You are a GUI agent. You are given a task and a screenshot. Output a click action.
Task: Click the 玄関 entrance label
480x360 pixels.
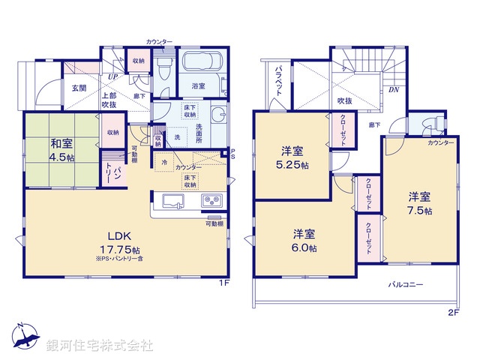click(x=79, y=88)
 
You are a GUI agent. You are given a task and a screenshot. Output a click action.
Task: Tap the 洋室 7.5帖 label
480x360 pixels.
click(x=420, y=203)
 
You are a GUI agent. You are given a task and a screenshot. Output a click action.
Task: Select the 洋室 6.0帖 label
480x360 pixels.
click(x=304, y=239)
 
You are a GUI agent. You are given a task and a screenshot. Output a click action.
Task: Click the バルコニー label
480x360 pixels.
click(x=406, y=285)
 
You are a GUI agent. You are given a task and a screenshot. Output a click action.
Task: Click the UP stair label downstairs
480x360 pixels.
click(x=112, y=76)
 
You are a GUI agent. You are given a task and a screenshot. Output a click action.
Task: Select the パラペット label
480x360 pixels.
click(x=278, y=79)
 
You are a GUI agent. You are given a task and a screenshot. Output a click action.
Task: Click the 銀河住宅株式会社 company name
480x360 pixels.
click(x=100, y=345)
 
